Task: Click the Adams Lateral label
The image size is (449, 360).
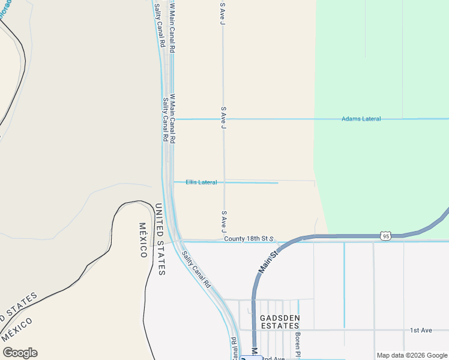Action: (361, 119)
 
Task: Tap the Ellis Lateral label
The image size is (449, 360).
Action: (201, 182)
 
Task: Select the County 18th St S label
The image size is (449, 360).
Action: (249, 239)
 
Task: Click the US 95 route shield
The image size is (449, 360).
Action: (386, 236)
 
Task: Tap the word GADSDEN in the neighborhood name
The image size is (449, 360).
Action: (279, 317)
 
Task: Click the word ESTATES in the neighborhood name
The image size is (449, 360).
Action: (279, 326)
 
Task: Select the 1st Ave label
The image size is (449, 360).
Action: (421, 330)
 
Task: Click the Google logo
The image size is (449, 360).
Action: (19, 353)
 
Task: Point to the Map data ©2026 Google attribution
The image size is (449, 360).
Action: (412, 355)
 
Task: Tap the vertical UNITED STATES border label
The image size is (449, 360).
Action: (160, 239)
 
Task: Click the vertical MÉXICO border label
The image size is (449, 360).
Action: (143, 240)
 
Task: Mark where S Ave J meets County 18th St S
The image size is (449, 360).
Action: (224, 241)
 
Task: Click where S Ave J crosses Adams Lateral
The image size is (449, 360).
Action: (224, 119)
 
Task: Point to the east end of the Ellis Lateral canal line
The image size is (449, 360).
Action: (278, 182)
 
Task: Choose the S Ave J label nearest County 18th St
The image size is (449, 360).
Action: (224, 221)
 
